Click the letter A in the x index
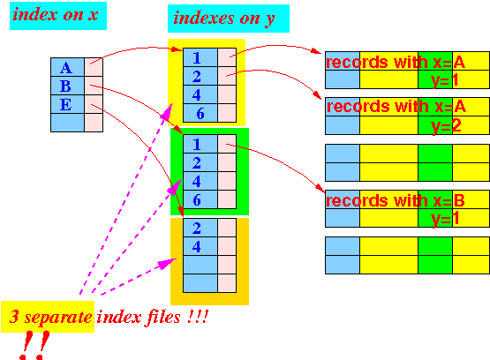(66, 68)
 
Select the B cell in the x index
(67, 86)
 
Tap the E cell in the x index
(67, 104)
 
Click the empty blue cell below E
(67, 123)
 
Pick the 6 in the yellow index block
(200, 113)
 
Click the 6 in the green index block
(197, 199)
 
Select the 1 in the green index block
(197, 144)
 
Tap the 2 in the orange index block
(197, 228)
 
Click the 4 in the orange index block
(197, 247)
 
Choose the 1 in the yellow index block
(197, 57)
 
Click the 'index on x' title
(56, 15)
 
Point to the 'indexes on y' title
(223, 19)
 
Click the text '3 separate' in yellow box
(50, 318)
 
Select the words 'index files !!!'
(152, 318)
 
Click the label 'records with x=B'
(396, 200)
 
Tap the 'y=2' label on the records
(446, 126)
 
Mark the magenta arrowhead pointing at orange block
(166, 264)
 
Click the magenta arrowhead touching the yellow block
(167, 112)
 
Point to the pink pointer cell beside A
(94, 67)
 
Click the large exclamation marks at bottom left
(34, 345)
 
